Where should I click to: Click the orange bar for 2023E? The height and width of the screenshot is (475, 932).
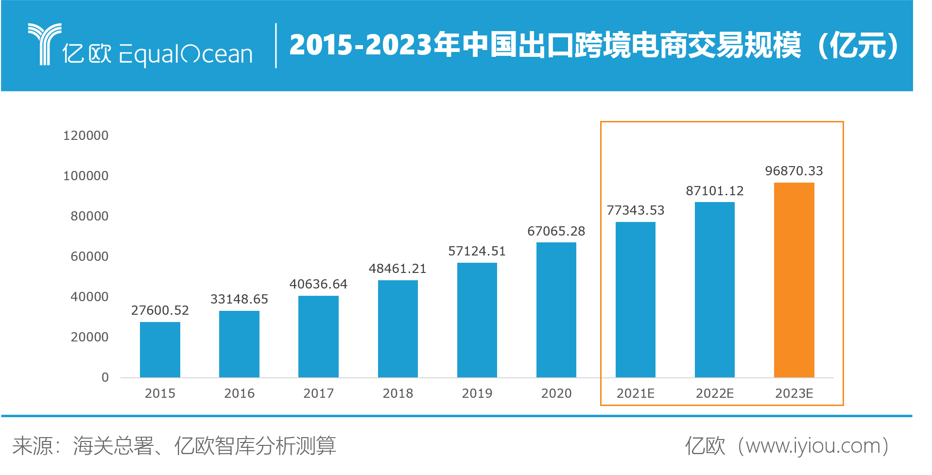tap(794, 280)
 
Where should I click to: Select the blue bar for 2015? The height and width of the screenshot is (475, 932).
tap(160, 349)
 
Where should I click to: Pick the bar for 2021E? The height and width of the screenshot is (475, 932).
tap(636, 299)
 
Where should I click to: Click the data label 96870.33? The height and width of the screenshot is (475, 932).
tap(794, 171)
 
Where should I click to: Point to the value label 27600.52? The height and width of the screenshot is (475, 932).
tap(160, 310)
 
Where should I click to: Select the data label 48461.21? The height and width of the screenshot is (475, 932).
tap(397, 269)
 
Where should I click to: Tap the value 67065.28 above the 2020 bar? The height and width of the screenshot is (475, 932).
tap(556, 231)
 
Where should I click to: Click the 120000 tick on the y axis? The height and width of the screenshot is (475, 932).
tap(86, 136)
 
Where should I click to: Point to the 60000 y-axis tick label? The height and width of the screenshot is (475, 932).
tap(90, 256)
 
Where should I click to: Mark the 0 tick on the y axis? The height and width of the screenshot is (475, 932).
tap(105, 377)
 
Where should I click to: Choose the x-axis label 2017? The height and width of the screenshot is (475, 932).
tap(318, 393)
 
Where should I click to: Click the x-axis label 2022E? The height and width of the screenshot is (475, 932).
tap(715, 393)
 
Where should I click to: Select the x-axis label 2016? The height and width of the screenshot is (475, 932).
tap(239, 393)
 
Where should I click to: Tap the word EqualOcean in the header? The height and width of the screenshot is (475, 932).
tap(186, 54)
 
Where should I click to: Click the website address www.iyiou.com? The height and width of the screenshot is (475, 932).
tap(812, 446)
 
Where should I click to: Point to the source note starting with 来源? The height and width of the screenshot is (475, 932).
tap(174, 446)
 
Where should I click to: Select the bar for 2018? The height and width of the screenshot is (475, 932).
tap(397, 328)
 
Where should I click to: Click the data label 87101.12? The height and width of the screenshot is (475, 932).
tap(715, 191)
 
